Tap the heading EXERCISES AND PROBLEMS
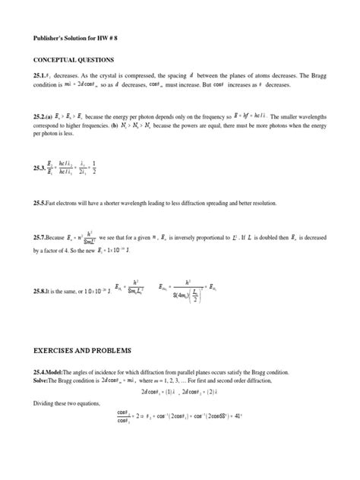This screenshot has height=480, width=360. (81, 351)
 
